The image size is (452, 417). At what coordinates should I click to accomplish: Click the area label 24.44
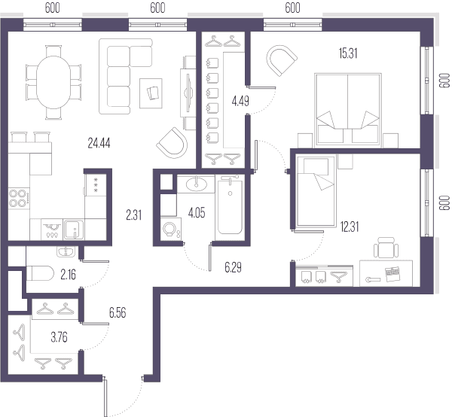pos(99,143)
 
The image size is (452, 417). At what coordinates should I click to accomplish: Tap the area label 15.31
pos(348,53)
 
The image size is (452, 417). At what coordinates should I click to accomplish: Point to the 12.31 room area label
pos(350,227)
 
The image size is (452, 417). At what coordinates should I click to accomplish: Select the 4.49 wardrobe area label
pos(240,101)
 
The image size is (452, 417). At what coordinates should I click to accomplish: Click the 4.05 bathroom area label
pos(197,213)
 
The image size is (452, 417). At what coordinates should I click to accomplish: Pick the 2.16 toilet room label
pos(68,275)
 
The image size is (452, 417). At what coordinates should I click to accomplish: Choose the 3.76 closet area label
pos(59,337)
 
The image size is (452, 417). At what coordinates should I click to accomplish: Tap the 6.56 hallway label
pos(118,312)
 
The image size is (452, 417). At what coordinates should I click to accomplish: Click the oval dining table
pos(53,82)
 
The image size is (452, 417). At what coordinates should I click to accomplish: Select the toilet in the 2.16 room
pos(40,273)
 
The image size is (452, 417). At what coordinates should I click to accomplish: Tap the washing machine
pos(171,230)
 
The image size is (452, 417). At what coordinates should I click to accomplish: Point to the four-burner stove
pos(19,199)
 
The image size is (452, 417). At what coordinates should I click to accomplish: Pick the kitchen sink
pos(74,230)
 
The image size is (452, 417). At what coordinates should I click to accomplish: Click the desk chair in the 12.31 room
pos(386,248)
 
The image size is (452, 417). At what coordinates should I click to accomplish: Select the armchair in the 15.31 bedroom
pos(281,60)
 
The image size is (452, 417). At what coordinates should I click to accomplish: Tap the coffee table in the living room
pos(151,93)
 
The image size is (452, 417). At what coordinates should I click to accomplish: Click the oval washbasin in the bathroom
pos(196,184)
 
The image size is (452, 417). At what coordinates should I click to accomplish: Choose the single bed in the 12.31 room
pos(316,191)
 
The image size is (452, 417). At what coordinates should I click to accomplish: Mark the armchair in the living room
pos(173,143)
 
